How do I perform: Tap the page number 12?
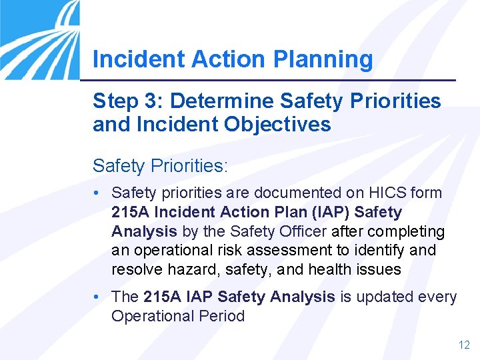464,345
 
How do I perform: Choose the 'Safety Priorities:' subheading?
160,165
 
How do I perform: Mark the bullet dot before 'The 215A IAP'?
97,297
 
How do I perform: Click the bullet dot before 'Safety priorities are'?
97,193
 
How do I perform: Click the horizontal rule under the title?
274,81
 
